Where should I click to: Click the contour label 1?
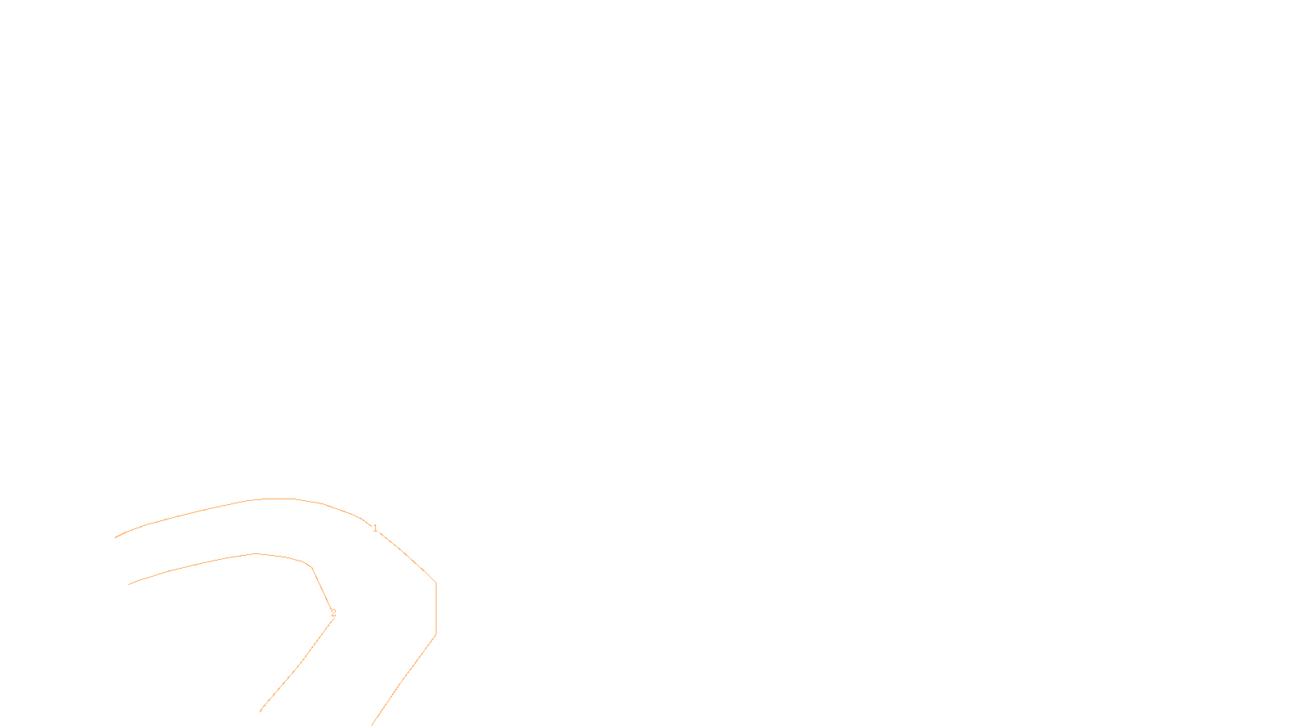[375, 528]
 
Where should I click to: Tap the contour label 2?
[333, 613]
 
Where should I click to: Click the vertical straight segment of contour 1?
[436, 609]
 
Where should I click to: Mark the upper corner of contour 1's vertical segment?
[436, 582]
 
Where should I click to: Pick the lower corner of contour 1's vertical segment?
[436, 635]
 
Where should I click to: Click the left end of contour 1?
[116, 537]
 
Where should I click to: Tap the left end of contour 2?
[129, 584]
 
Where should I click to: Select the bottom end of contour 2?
[261, 711]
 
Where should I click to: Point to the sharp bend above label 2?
[311, 567]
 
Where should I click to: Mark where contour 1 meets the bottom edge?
[373, 724]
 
